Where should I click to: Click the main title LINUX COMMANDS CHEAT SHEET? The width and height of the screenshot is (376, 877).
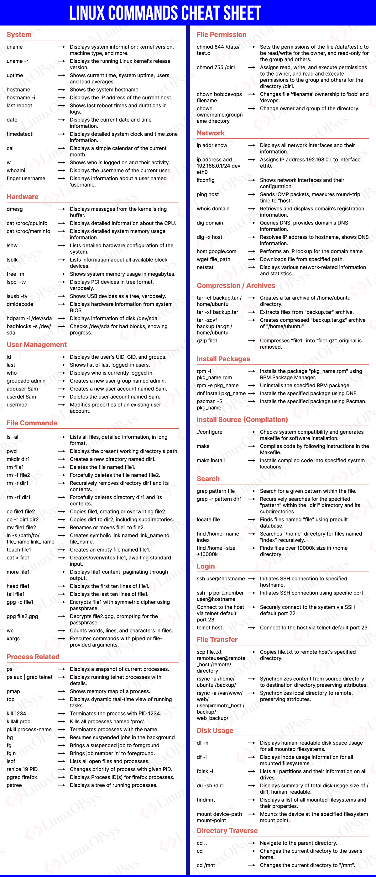pos(165,13)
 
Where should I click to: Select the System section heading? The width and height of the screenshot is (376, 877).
pos(19,35)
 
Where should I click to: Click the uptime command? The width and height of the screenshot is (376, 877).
pos(15,75)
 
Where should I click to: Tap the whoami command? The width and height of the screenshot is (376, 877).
pos(16,170)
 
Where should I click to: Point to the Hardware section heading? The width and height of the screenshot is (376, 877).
pos(23,197)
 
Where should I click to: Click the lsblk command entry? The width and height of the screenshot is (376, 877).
pos(12,259)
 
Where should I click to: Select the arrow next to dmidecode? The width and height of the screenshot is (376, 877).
pos(61,304)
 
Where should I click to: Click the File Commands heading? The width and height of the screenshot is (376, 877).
pos(32,423)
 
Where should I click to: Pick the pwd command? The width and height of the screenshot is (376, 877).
pos(12,451)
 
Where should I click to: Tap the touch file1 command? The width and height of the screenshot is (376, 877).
pos(19,549)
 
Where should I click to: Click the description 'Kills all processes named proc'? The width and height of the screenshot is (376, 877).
pos(107,721)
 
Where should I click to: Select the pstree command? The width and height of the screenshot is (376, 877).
pos(14,785)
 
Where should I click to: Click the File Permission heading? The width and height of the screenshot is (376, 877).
pos(222,35)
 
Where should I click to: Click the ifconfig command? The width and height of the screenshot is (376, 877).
pos(206,180)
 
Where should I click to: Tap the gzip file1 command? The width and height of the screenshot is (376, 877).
pos(207,341)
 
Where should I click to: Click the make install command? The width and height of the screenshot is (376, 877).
pos(211,460)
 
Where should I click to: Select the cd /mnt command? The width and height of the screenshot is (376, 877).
pos(206,865)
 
